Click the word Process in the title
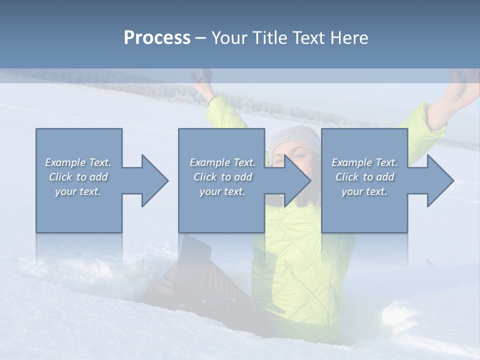click(157, 38)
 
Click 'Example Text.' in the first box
click(78, 162)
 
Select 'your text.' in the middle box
click(222, 191)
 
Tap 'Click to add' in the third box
click(364, 177)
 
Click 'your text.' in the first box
click(78, 191)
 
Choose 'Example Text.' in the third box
click(364, 162)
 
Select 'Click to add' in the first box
click(78, 177)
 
